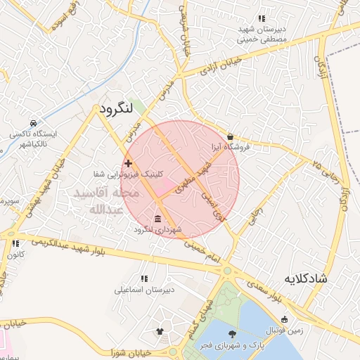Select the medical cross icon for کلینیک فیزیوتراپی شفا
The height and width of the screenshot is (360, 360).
coord(128,164)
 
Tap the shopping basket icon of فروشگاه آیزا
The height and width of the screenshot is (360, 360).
coord(231,136)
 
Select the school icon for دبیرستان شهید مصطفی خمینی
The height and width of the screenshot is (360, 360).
coord(262,18)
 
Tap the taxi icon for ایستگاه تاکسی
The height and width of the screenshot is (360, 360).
coord(33,122)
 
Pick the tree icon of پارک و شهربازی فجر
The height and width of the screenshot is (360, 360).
coord(233,334)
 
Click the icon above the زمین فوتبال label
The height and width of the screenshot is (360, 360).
coord(285,320)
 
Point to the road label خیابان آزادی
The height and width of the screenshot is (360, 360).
coord(221,65)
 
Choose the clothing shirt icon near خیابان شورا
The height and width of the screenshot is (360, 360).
coord(160,330)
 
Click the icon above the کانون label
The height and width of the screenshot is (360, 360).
coord(15,243)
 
